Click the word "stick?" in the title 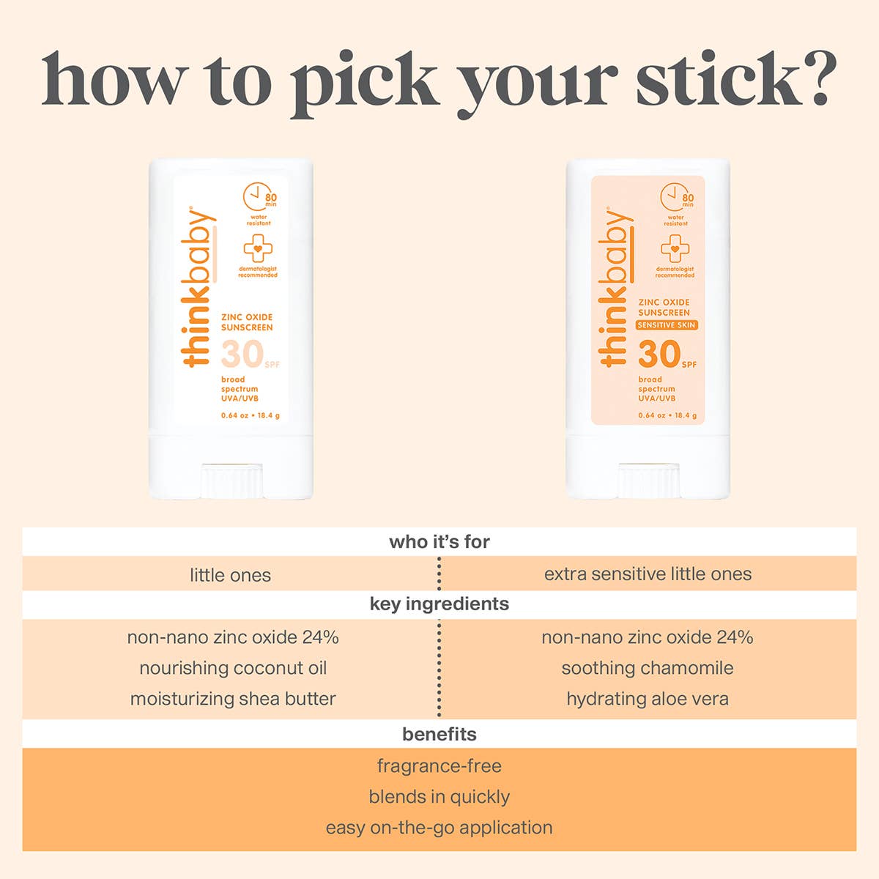point(736,79)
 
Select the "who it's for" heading point(439,542)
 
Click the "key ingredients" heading point(439,604)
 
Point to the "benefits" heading point(439,735)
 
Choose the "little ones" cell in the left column point(230,575)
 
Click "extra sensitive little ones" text point(648,574)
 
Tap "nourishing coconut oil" point(233,668)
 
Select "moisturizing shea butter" point(233,699)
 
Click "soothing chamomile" point(648,668)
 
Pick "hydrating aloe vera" point(648,700)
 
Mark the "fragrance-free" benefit point(439,766)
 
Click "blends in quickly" point(439,797)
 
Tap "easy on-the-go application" point(439,828)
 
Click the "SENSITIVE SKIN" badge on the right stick point(667,325)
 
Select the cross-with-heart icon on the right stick point(675,248)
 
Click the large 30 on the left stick point(242,354)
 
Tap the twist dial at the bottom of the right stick point(649,481)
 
